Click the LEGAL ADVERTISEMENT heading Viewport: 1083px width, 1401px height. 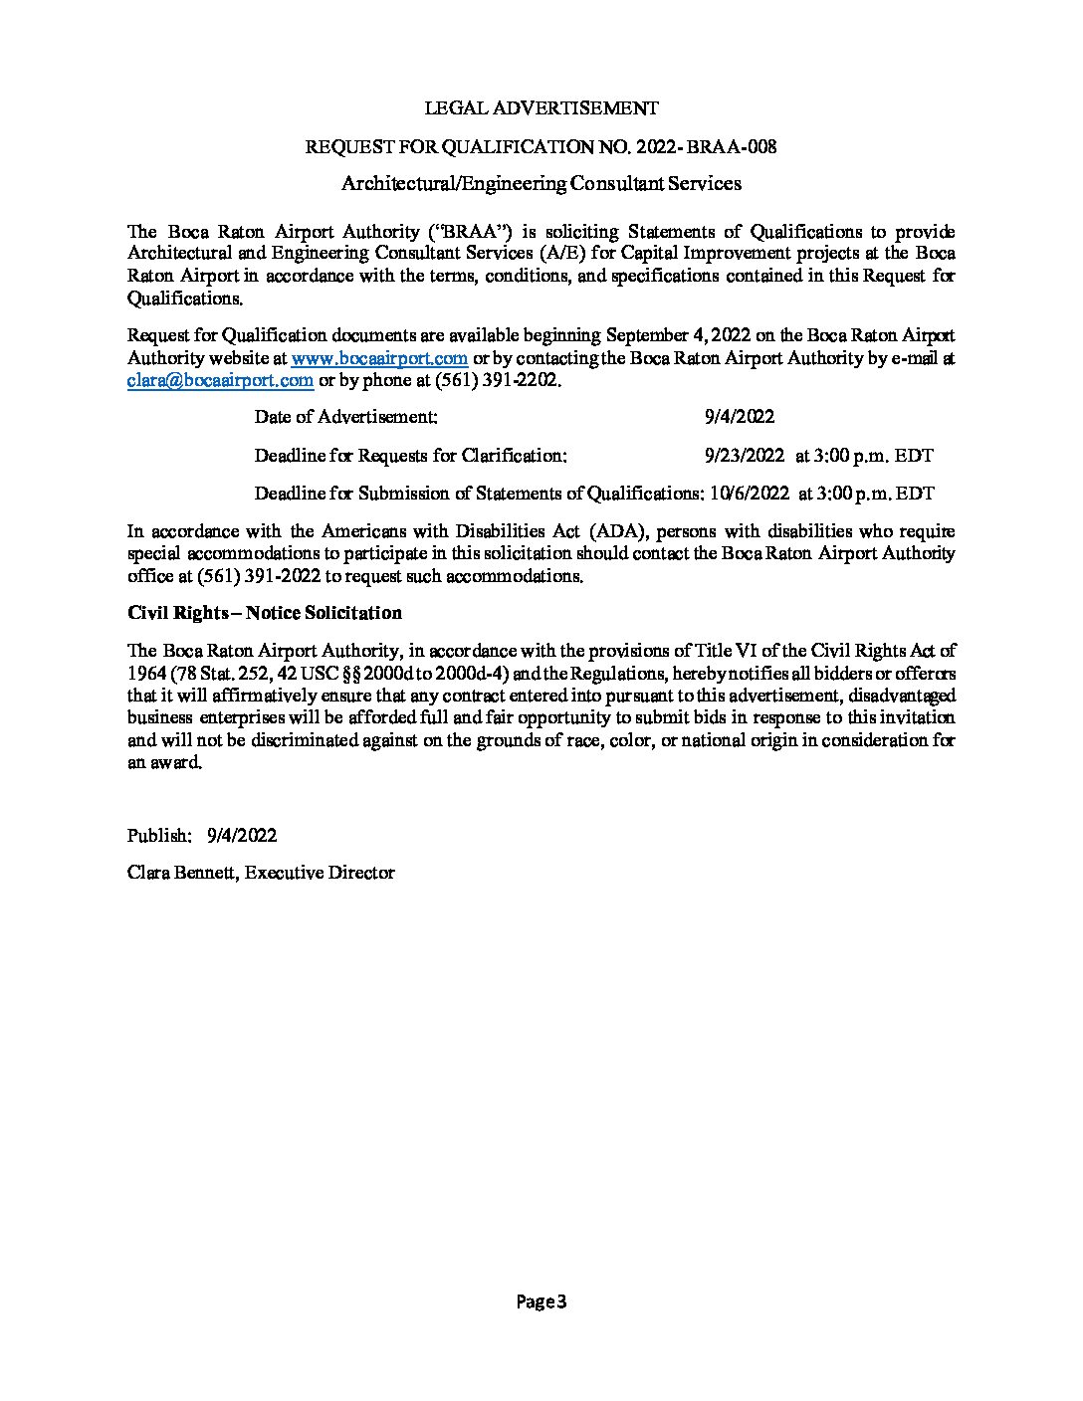point(541,107)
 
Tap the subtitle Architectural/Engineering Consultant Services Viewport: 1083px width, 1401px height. point(541,183)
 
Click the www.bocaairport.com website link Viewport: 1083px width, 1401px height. point(379,358)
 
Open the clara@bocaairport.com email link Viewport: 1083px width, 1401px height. point(221,380)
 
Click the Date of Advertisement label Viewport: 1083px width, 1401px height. point(345,417)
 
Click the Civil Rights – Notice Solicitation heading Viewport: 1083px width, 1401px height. point(265,613)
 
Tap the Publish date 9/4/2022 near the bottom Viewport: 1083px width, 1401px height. point(242,836)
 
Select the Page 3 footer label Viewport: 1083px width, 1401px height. point(541,1301)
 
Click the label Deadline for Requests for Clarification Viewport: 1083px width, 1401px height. point(411,456)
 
